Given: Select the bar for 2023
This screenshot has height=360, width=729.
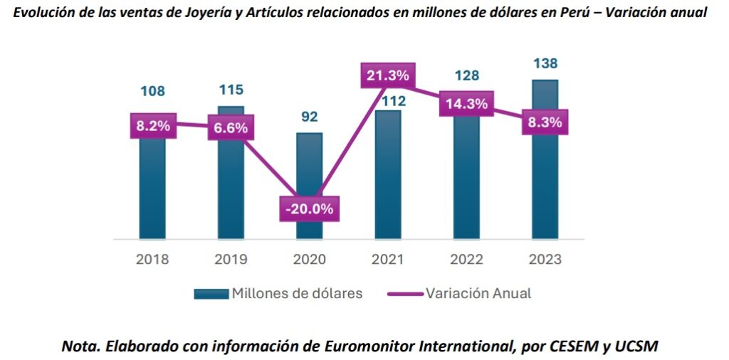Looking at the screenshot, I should (545, 185).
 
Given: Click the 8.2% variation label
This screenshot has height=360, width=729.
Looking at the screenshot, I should (152, 126).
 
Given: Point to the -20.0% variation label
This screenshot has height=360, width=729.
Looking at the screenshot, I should (309, 209).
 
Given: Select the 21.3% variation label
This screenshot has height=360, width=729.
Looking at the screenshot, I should (388, 75).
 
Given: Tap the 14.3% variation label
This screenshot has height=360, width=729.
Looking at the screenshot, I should (466, 104).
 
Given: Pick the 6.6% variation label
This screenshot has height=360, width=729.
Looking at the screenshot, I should (231, 128).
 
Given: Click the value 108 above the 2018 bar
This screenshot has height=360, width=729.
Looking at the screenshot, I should (152, 91).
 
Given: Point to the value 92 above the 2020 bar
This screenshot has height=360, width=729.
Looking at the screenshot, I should (309, 117).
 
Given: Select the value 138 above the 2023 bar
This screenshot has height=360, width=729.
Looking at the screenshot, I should (545, 64).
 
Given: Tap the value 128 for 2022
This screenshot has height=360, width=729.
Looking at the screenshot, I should (466, 75).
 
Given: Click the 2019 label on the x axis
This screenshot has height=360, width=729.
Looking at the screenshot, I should (231, 259).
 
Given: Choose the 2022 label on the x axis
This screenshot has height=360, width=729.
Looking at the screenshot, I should (466, 259).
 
